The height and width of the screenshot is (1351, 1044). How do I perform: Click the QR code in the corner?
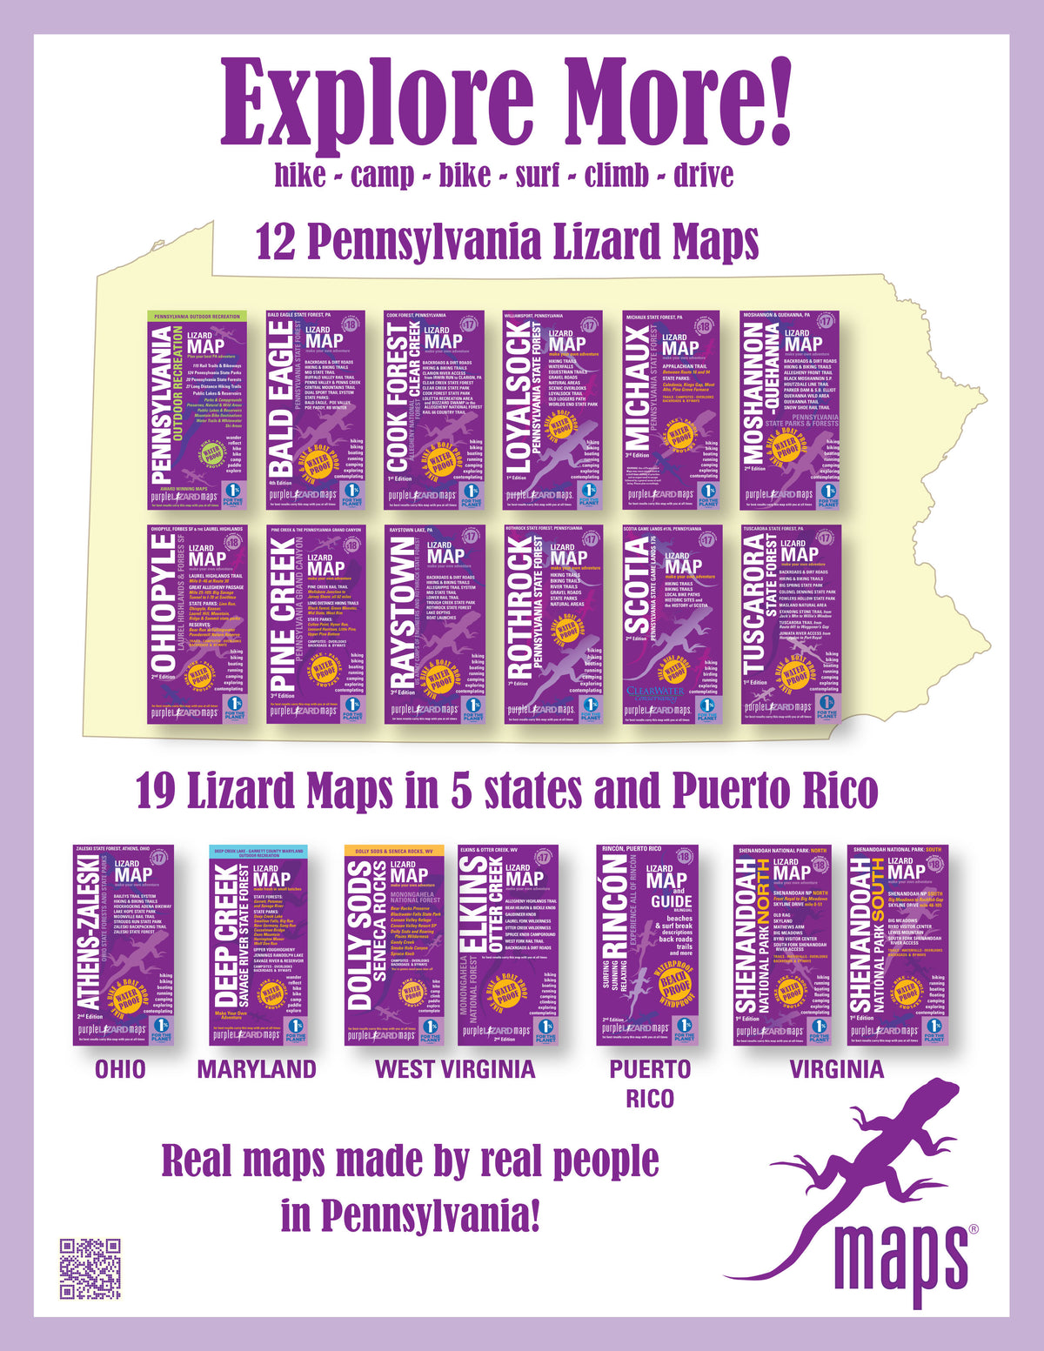coord(90,1268)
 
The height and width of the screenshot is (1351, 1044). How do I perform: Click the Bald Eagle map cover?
coord(315,411)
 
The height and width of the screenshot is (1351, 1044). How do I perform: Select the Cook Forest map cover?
coord(433,411)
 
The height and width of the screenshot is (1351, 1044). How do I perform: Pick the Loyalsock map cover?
coord(552,411)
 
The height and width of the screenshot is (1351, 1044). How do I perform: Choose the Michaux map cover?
coord(671,411)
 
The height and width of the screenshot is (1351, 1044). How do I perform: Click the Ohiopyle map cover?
coord(198,624)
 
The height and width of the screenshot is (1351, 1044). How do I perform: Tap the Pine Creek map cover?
coord(315,624)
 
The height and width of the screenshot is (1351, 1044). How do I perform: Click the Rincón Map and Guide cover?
coord(648,945)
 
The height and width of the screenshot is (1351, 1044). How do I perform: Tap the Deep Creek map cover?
coord(259,945)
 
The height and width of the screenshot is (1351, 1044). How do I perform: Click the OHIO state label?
coord(120,1069)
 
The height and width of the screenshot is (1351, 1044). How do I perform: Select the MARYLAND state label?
coord(257,1069)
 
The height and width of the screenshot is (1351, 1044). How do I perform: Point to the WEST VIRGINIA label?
coord(454,1069)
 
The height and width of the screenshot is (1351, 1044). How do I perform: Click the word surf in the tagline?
coord(538,176)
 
